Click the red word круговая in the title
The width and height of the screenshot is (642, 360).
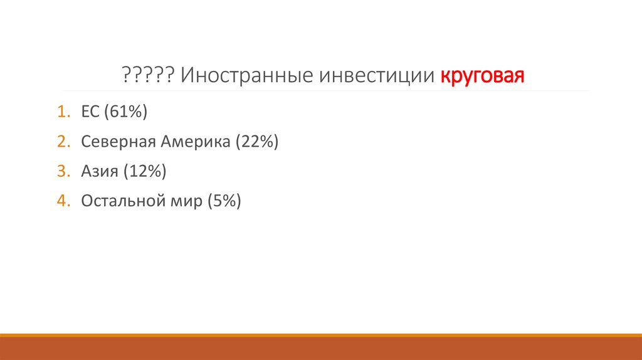[x=481, y=77]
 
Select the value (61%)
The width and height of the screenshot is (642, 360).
[x=126, y=112]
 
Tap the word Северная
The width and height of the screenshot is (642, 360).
[x=117, y=142]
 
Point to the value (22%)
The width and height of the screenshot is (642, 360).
[x=257, y=142]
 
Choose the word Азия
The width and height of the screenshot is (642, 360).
[x=99, y=171]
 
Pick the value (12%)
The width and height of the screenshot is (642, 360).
[x=145, y=171]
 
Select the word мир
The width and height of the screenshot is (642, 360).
[x=189, y=201]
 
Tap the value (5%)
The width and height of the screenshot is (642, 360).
[x=225, y=201]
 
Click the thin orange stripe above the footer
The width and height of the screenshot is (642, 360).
[x=321, y=335]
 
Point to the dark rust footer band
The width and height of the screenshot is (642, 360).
[x=321, y=349]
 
